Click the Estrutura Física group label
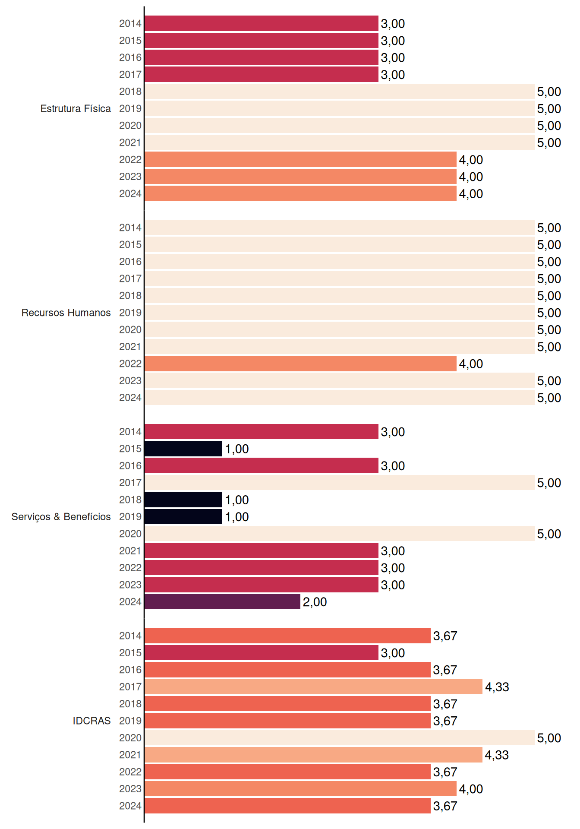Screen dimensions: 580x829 (x=76, y=108)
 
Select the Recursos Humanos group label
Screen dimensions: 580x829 (x=66, y=313)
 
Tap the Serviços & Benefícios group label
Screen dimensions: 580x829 (x=61, y=517)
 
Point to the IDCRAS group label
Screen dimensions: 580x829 (x=91, y=721)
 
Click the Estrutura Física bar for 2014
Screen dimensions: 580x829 (x=262, y=23)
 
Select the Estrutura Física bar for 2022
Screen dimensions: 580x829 (x=300, y=159)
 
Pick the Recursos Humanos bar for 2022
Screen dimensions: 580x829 (x=300, y=364)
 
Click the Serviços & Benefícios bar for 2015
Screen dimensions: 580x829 (x=183, y=449)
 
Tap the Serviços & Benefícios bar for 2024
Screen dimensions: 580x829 (x=222, y=601)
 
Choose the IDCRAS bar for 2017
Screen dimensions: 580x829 (x=313, y=687)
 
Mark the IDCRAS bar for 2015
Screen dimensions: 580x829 (x=262, y=653)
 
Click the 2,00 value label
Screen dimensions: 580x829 (x=315, y=602)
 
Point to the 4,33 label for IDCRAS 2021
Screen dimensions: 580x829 (x=497, y=755)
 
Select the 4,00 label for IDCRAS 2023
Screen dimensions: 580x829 (x=471, y=789)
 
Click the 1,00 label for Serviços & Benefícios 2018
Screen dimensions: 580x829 (x=237, y=500)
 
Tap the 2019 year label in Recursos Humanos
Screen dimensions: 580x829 (x=130, y=313)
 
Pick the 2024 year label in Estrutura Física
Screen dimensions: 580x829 (x=130, y=194)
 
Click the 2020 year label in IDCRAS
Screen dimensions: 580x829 (x=130, y=738)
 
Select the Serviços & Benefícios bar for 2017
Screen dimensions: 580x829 (x=340, y=483)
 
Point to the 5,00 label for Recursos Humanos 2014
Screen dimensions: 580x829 (x=549, y=228)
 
